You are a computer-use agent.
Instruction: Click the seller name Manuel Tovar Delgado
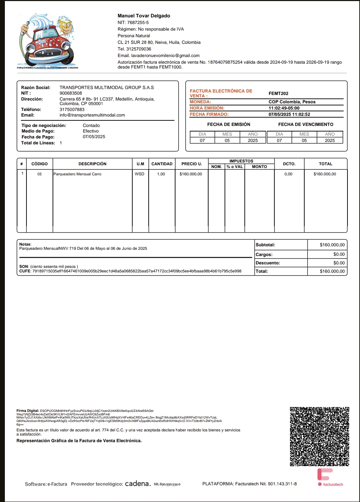[x=144, y=16]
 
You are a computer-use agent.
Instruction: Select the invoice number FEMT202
[x=279, y=94]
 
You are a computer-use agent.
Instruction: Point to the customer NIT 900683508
[x=71, y=93]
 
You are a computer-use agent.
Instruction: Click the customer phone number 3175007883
[x=72, y=110]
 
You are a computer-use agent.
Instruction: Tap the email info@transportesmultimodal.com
[x=92, y=115]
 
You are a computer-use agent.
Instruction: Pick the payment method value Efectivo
[x=91, y=131]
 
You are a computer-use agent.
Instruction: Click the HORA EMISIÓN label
[x=207, y=108]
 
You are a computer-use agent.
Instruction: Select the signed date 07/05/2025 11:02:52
[x=289, y=114]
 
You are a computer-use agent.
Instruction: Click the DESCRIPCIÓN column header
[x=92, y=164]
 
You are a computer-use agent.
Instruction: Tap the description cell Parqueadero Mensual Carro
[x=77, y=174]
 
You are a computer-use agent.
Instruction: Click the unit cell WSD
[x=140, y=174]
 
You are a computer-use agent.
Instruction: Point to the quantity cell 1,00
[x=161, y=174]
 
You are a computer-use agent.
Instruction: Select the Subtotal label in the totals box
[x=265, y=245]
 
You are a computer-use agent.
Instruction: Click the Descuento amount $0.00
[x=339, y=263]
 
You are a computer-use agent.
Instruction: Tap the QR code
[x=319, y=436]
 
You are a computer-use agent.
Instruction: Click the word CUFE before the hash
[x=25, y=271]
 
